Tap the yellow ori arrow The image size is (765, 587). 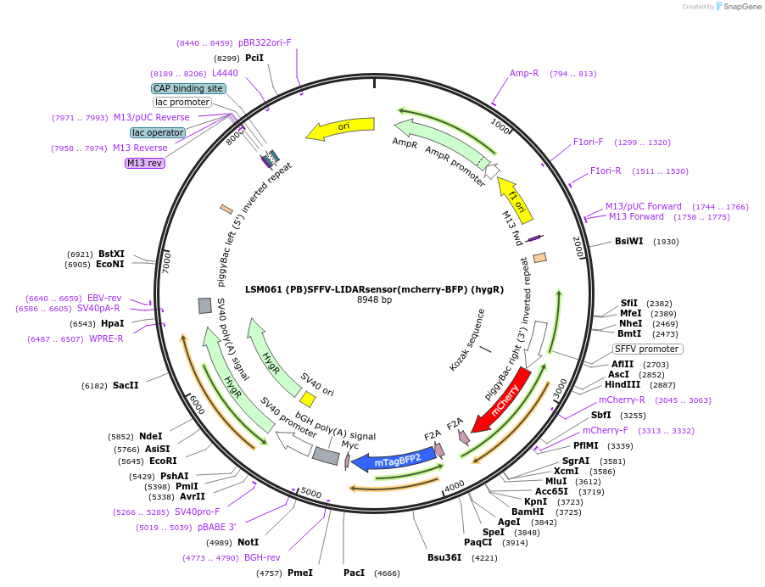(x=343, y=127)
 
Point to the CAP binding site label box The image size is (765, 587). (x=188, y=88)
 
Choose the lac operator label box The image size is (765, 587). (x=158, y=132)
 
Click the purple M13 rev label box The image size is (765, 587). (x=144, y=163)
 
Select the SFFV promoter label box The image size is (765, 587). (x=647, y=349)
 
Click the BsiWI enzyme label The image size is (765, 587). (x=628, y=241)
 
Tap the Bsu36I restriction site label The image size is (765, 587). (x=444, y=557)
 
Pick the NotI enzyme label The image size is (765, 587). (x=248, y=542)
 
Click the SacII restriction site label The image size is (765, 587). (x=126, y=385)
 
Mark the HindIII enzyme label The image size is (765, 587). (x=622, y=384)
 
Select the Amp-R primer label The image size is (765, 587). (x=524, y=73)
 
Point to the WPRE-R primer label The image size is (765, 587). (x=106, y=339)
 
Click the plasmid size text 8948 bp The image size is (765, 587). (x=374, y=300)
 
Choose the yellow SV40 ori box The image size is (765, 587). (x=308, y=398)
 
